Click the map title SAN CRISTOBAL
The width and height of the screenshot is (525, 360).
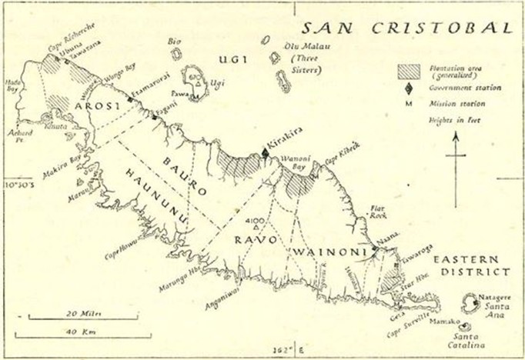point(405,28)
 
